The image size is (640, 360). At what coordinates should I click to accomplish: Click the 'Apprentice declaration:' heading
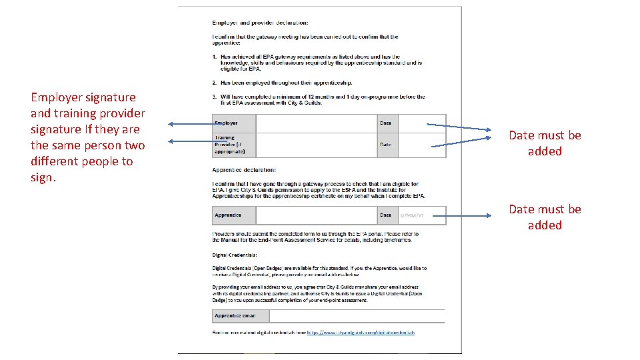(244, 170)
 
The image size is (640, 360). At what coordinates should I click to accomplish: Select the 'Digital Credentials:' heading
(235, 255)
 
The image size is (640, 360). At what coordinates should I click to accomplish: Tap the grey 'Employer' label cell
(234, 123)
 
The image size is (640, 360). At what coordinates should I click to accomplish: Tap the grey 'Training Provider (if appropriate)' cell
(234, 145)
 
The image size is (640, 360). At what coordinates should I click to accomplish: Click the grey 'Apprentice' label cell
(234, 215)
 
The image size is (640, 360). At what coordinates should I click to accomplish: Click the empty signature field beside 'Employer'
(317, 123)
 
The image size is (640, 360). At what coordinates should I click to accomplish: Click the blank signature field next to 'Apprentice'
(317, 215)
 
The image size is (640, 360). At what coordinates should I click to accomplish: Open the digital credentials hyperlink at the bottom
(361, 332)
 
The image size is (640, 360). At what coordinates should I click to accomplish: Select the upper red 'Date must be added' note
(545, 143)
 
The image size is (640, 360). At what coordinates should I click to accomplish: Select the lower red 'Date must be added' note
(545, 217)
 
